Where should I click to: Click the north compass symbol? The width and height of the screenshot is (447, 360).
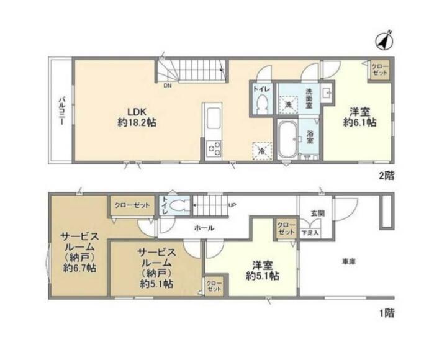coord(384,40)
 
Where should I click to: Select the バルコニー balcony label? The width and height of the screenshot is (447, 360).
coord(61,111)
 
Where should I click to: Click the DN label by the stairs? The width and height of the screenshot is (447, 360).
coord(168,85)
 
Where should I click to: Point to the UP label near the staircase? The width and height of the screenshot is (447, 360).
coord(232,205)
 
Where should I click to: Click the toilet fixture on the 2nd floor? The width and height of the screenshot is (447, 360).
coord(261,104)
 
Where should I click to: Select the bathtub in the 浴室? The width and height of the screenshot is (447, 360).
coord(287,140)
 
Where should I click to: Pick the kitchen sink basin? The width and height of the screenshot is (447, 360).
coord(214,119)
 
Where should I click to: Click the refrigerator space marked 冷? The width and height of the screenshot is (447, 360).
coord(262,151)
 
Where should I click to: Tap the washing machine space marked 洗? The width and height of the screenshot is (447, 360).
coord(289,105)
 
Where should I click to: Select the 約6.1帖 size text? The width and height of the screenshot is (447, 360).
coord(359,122)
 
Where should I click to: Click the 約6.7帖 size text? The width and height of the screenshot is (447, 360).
coord(79,268)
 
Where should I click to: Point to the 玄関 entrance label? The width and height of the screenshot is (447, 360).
coord(318,213)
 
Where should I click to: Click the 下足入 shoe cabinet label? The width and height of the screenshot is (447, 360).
coord(310,233)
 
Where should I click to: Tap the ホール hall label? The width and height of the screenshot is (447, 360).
coord(204,228)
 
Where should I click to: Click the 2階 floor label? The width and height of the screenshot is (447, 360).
coord(387,176)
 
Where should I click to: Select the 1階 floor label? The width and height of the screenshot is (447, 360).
coord(387,313)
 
